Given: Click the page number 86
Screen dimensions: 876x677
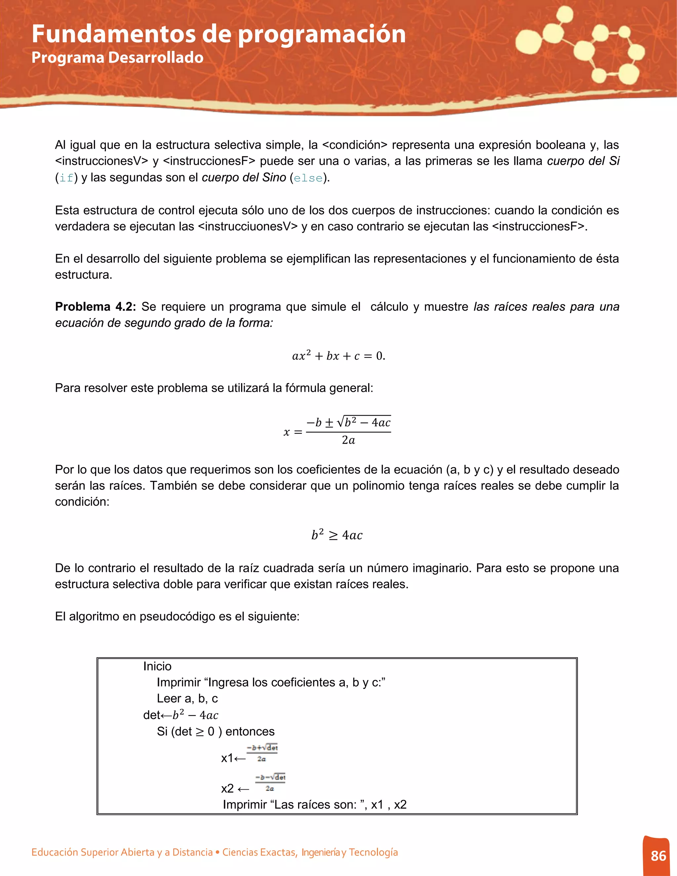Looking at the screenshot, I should (658, 856).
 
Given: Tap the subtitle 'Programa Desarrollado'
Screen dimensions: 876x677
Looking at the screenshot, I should (117, 58).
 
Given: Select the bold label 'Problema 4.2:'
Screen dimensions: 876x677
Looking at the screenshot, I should (96, 307).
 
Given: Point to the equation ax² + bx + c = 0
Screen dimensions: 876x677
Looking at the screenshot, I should (338, 356).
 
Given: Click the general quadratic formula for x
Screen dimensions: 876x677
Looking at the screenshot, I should (337, 431).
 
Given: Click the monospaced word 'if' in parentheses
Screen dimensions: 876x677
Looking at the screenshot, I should (66, 178).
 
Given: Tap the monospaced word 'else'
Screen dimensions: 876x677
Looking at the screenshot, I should (308, 178).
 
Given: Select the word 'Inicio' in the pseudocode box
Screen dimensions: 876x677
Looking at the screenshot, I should (157, 666).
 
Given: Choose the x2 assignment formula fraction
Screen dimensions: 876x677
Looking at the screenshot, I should (270, 782).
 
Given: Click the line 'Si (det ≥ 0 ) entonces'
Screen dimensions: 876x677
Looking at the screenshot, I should (216, 731).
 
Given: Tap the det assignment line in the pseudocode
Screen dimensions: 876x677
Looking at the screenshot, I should (180, 715).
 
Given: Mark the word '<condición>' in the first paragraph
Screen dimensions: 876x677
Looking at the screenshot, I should (355, 145).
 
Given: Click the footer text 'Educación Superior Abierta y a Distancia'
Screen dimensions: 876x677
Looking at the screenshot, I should (122, 852).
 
